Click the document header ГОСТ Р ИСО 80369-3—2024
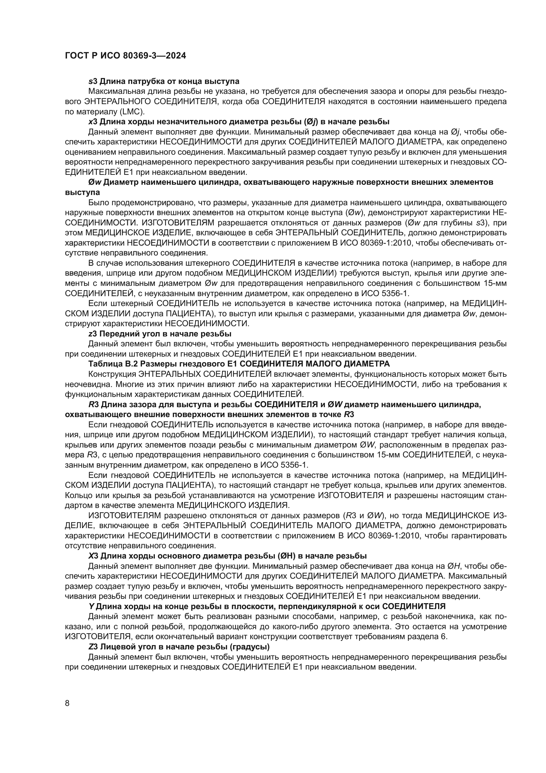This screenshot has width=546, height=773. (x=125, y=56)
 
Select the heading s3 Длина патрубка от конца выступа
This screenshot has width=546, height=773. (x=164, y=81)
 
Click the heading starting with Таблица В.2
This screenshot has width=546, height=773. (x=239, y=364)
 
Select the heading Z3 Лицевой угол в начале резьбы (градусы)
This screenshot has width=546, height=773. (x=179, y=647)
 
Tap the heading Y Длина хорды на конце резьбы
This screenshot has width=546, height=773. (x=267, y=606)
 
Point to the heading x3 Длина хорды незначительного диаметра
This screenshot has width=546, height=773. (x=239, y=122)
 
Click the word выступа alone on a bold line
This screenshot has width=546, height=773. (x=83, y=192)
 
